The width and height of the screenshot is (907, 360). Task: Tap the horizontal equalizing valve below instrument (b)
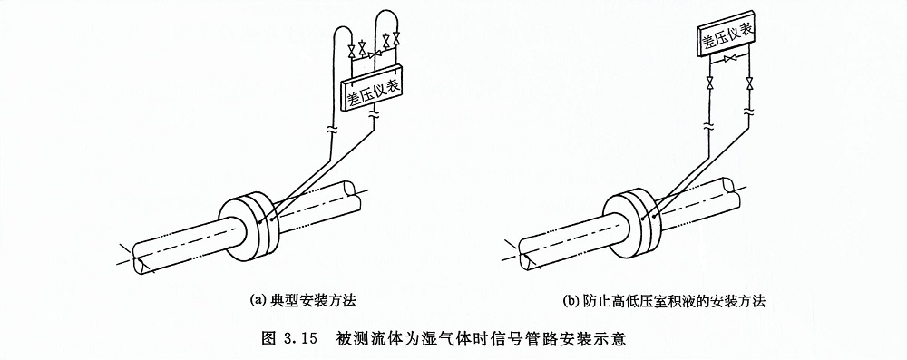pos(730,58)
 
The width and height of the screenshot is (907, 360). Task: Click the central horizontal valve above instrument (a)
pos(373,54)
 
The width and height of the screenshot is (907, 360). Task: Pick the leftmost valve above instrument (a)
pos(351,51)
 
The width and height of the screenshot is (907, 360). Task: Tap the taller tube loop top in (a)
pos(386,9)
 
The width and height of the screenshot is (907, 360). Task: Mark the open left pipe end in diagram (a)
pos(140,258)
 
